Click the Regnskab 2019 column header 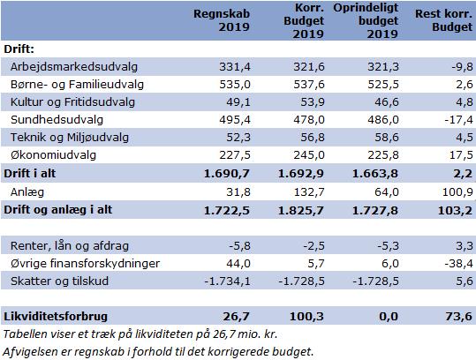222,20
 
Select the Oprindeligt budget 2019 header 366,20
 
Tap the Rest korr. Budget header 443,20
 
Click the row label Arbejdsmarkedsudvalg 74,67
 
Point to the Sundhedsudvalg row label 57,119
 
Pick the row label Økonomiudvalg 53,155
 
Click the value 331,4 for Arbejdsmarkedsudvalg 235,67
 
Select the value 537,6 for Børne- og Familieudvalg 309,85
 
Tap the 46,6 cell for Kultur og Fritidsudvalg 387,101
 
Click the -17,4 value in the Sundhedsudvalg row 458,119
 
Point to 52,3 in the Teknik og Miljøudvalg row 238,137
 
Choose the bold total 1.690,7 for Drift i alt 226,174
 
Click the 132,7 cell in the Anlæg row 309,192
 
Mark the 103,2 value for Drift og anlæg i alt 455,210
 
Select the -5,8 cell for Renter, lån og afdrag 240,245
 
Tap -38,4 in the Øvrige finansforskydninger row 458,263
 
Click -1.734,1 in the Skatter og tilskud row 227,281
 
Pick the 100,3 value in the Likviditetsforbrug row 306,317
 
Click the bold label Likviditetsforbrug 56,317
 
